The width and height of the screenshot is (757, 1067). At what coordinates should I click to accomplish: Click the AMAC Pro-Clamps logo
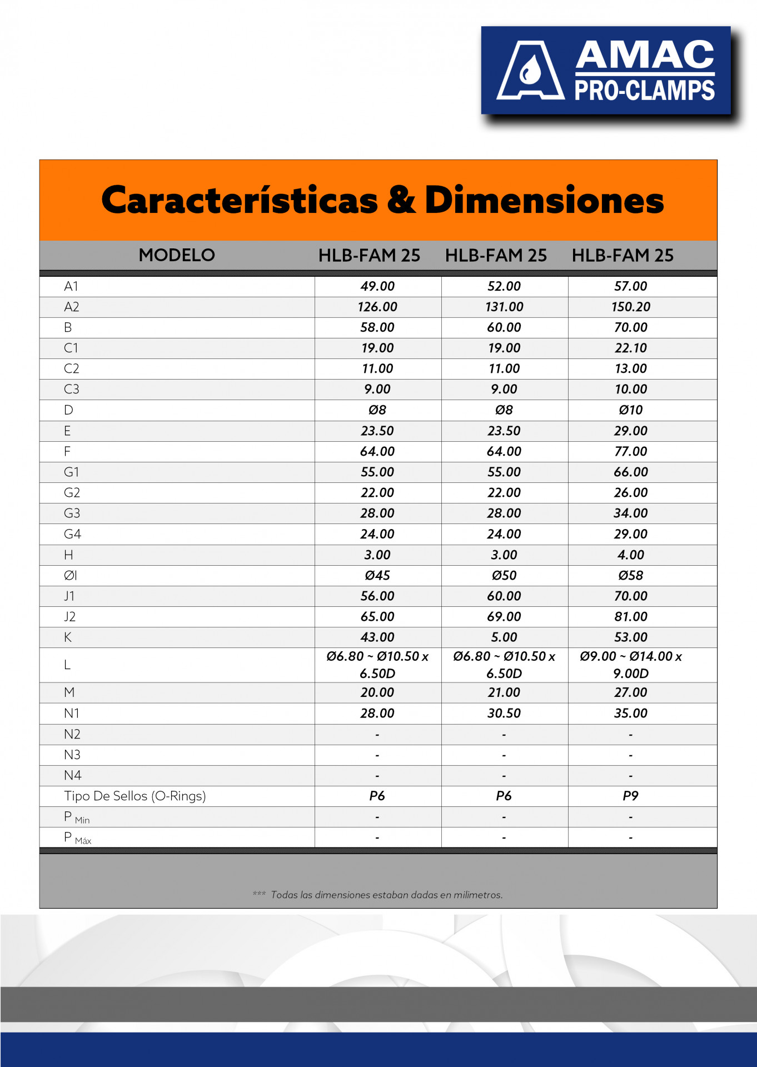(606, 71)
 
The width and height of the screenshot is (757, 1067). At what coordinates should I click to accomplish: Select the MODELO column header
(177, 255)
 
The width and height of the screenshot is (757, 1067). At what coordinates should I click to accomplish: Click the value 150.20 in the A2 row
(630, 307)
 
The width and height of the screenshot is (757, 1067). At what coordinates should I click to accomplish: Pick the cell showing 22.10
(630, 348)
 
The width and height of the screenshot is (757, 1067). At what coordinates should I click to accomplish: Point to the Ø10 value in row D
(630, 410)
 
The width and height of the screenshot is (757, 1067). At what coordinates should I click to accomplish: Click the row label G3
(72, 513)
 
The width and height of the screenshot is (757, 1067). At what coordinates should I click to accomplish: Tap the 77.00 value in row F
(630, 451)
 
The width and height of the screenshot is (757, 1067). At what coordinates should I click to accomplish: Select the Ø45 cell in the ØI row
(377, 575)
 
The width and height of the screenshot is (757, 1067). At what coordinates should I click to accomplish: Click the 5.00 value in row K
(504, 637)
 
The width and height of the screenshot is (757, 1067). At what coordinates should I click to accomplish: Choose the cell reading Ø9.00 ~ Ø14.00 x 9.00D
(630, 665)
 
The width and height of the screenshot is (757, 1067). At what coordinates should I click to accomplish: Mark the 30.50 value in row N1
(504, 713)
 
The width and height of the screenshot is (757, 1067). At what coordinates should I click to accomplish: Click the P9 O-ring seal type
(630, 796)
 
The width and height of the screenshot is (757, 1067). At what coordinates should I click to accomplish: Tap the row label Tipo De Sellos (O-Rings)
(135, 796)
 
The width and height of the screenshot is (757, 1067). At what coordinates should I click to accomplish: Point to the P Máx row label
(77, 837)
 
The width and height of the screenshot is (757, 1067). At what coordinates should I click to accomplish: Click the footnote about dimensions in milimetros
(386, 895)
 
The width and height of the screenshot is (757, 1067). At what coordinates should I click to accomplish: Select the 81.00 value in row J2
(630, 616)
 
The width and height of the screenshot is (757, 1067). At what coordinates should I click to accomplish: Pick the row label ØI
(70, 575)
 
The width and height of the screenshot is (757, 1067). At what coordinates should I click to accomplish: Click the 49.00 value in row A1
(377, 286)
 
